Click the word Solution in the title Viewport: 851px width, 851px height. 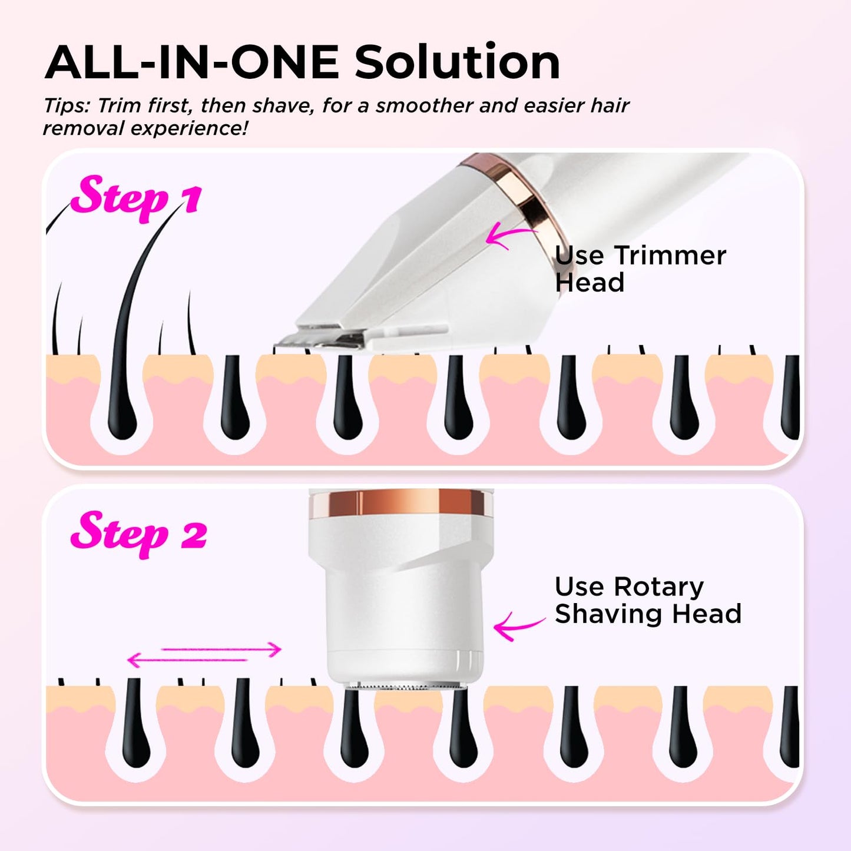(458, 62)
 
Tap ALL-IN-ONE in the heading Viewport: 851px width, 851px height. (191, 62)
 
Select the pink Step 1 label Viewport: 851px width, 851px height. (137, 198)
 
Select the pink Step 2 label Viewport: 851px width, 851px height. (138, 534)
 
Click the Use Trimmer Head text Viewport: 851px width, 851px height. (640, 269)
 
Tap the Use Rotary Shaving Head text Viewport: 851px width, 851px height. (648, 600)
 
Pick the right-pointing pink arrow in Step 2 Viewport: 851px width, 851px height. (221, 649)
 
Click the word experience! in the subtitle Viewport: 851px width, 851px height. (189, 130)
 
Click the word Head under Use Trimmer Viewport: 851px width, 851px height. (590, 283)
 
